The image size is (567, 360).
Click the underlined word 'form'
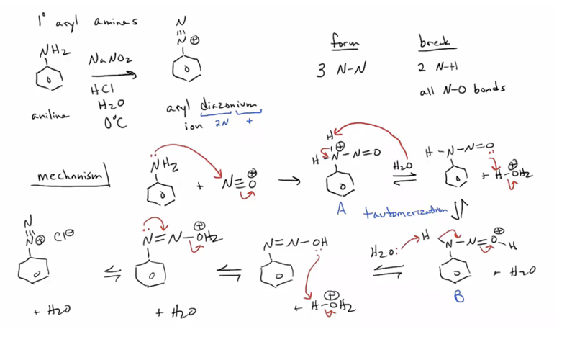343,43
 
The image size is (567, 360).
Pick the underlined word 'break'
434,43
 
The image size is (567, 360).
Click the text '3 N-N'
339,71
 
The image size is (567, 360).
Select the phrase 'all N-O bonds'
461,89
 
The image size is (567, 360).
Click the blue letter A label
340,210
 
